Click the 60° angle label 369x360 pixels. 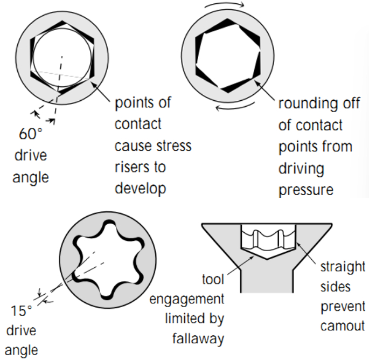click(30, 134)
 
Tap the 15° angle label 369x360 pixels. click(22, 310)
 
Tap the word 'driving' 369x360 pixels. click(301, 168)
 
